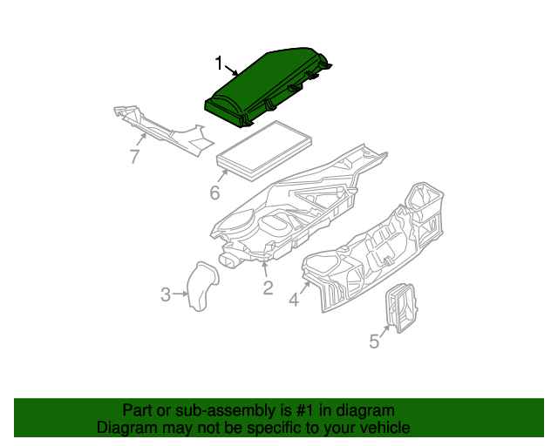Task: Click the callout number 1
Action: click(219, 64)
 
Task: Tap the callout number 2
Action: click(268, 287)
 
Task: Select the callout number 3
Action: click(166, 294)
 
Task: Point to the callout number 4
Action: click(294, 300)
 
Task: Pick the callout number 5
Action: click(374, 341)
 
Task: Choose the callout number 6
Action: click(214, 193)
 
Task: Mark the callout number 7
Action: click(134, 156)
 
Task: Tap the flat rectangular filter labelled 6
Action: click(264, 151)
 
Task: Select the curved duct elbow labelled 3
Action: click(203, 287)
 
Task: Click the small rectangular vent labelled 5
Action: click(401, 308)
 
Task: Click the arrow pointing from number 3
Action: click(180, 294)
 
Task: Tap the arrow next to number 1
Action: click(231, 70)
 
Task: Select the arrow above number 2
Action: click(265, 269)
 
